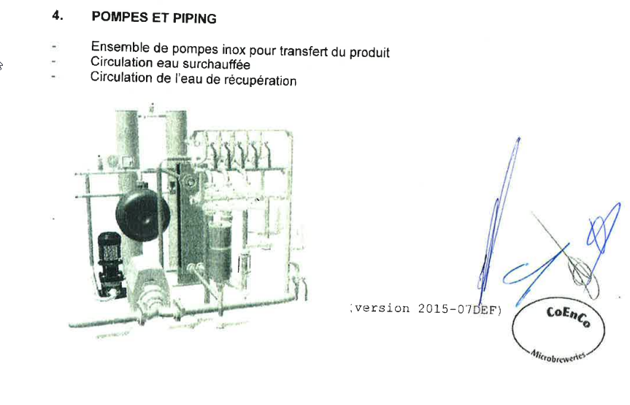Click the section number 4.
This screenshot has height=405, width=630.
point(58,15)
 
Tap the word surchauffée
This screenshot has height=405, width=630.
point(216,64)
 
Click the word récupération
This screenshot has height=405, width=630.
point(260,80)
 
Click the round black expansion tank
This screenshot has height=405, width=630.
point(142,214)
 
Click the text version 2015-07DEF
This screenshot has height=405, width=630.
point(426,309)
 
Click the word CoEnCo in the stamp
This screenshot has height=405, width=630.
point(568,317)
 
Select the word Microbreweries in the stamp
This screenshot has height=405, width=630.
point(558,356)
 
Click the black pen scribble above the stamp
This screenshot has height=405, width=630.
point(571,257)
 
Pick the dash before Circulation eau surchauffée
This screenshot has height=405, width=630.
point(53,61)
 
